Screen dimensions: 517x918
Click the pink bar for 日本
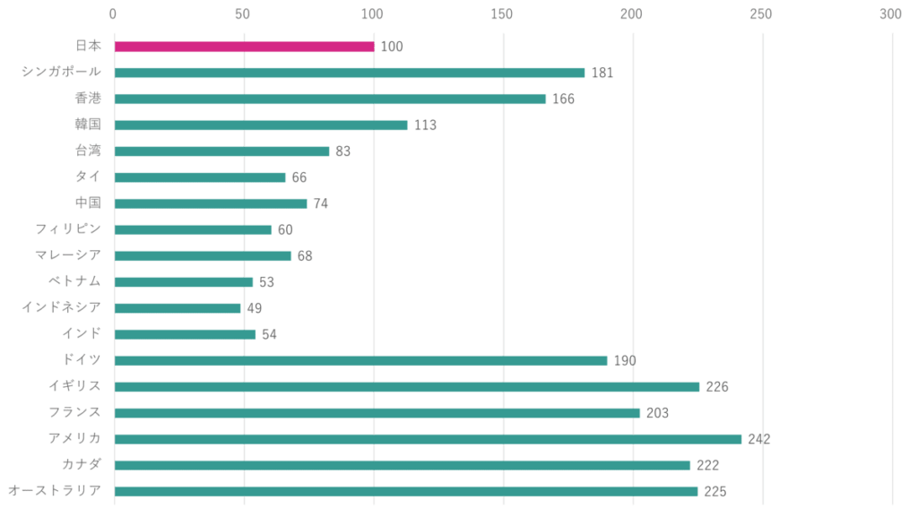click(x=244, y=47)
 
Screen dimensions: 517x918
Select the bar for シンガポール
click(x=350, y=73)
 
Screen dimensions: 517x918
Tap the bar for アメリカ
click(x=429, y=438)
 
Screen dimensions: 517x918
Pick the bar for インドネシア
click(x=178, y=308)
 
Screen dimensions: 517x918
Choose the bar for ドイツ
click(x=360, y=360)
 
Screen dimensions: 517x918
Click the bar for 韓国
click(x=261, y=125)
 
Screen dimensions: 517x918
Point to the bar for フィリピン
click(x=193, y=229)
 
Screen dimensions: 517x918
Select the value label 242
click(x=759, y=439)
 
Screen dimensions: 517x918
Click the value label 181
click(x=602, y=73)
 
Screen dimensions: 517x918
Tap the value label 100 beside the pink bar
click(x=391, y=47)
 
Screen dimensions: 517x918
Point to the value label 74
click(x=320, y=204)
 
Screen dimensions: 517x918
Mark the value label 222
click(x=707, y=465)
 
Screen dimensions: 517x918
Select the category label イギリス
click(x=74, y=386)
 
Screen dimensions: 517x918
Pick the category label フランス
click(x=74, y=412)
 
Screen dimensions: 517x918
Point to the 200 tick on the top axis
click(x=632, y=13)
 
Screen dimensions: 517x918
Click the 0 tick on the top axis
click(x=113, y=13)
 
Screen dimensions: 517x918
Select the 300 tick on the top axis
click(x=890, y=13)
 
